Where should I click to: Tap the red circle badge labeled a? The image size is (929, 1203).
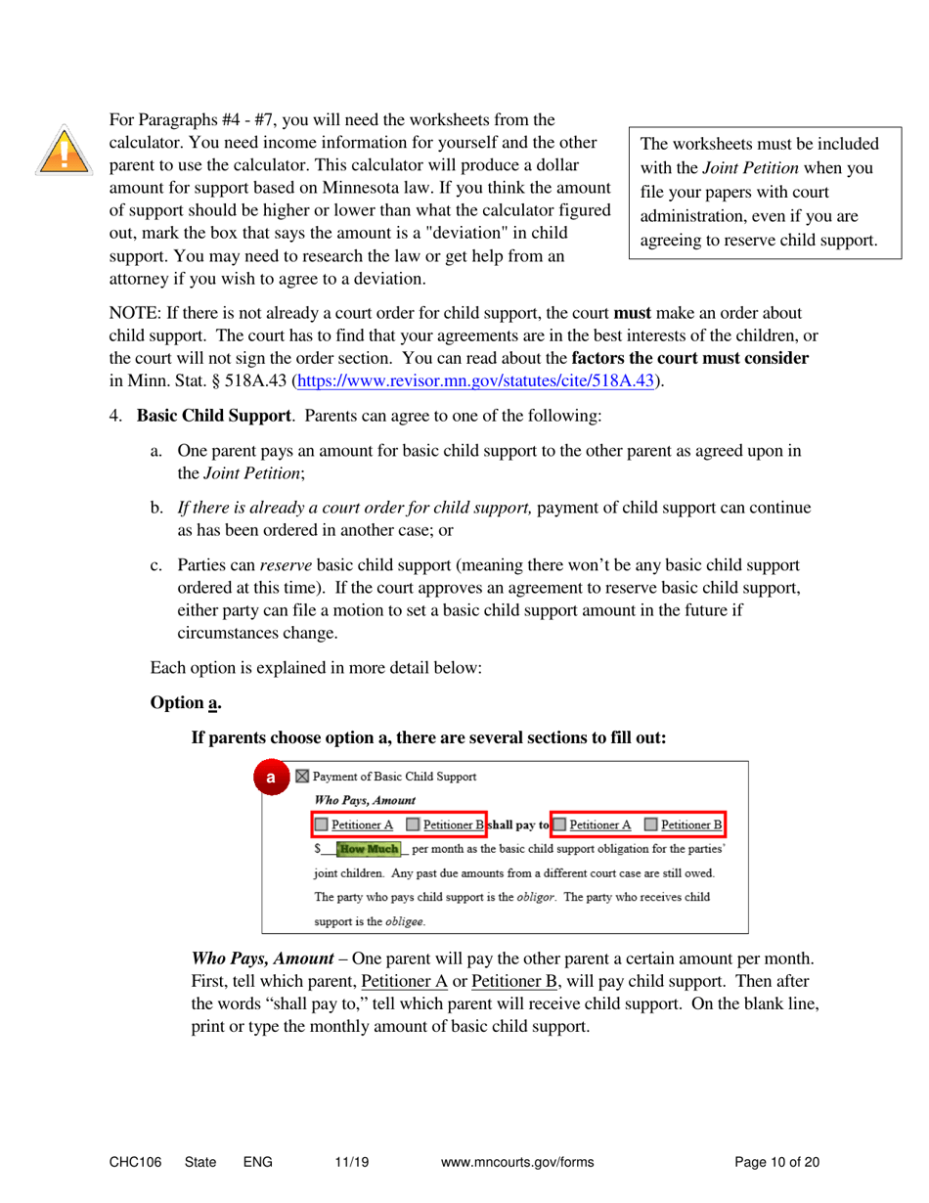(271, 779)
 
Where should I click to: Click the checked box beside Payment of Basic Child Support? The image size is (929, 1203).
(302, 778)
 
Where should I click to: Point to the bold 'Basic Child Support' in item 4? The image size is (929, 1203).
(213, 415)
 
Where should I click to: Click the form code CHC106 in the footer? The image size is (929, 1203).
(135, 1163)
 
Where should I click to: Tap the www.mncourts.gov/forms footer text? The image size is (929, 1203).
(517, 1163)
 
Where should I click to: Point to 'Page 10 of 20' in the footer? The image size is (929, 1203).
(776, 1163)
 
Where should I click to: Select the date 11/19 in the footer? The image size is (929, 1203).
(350, 1163)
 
